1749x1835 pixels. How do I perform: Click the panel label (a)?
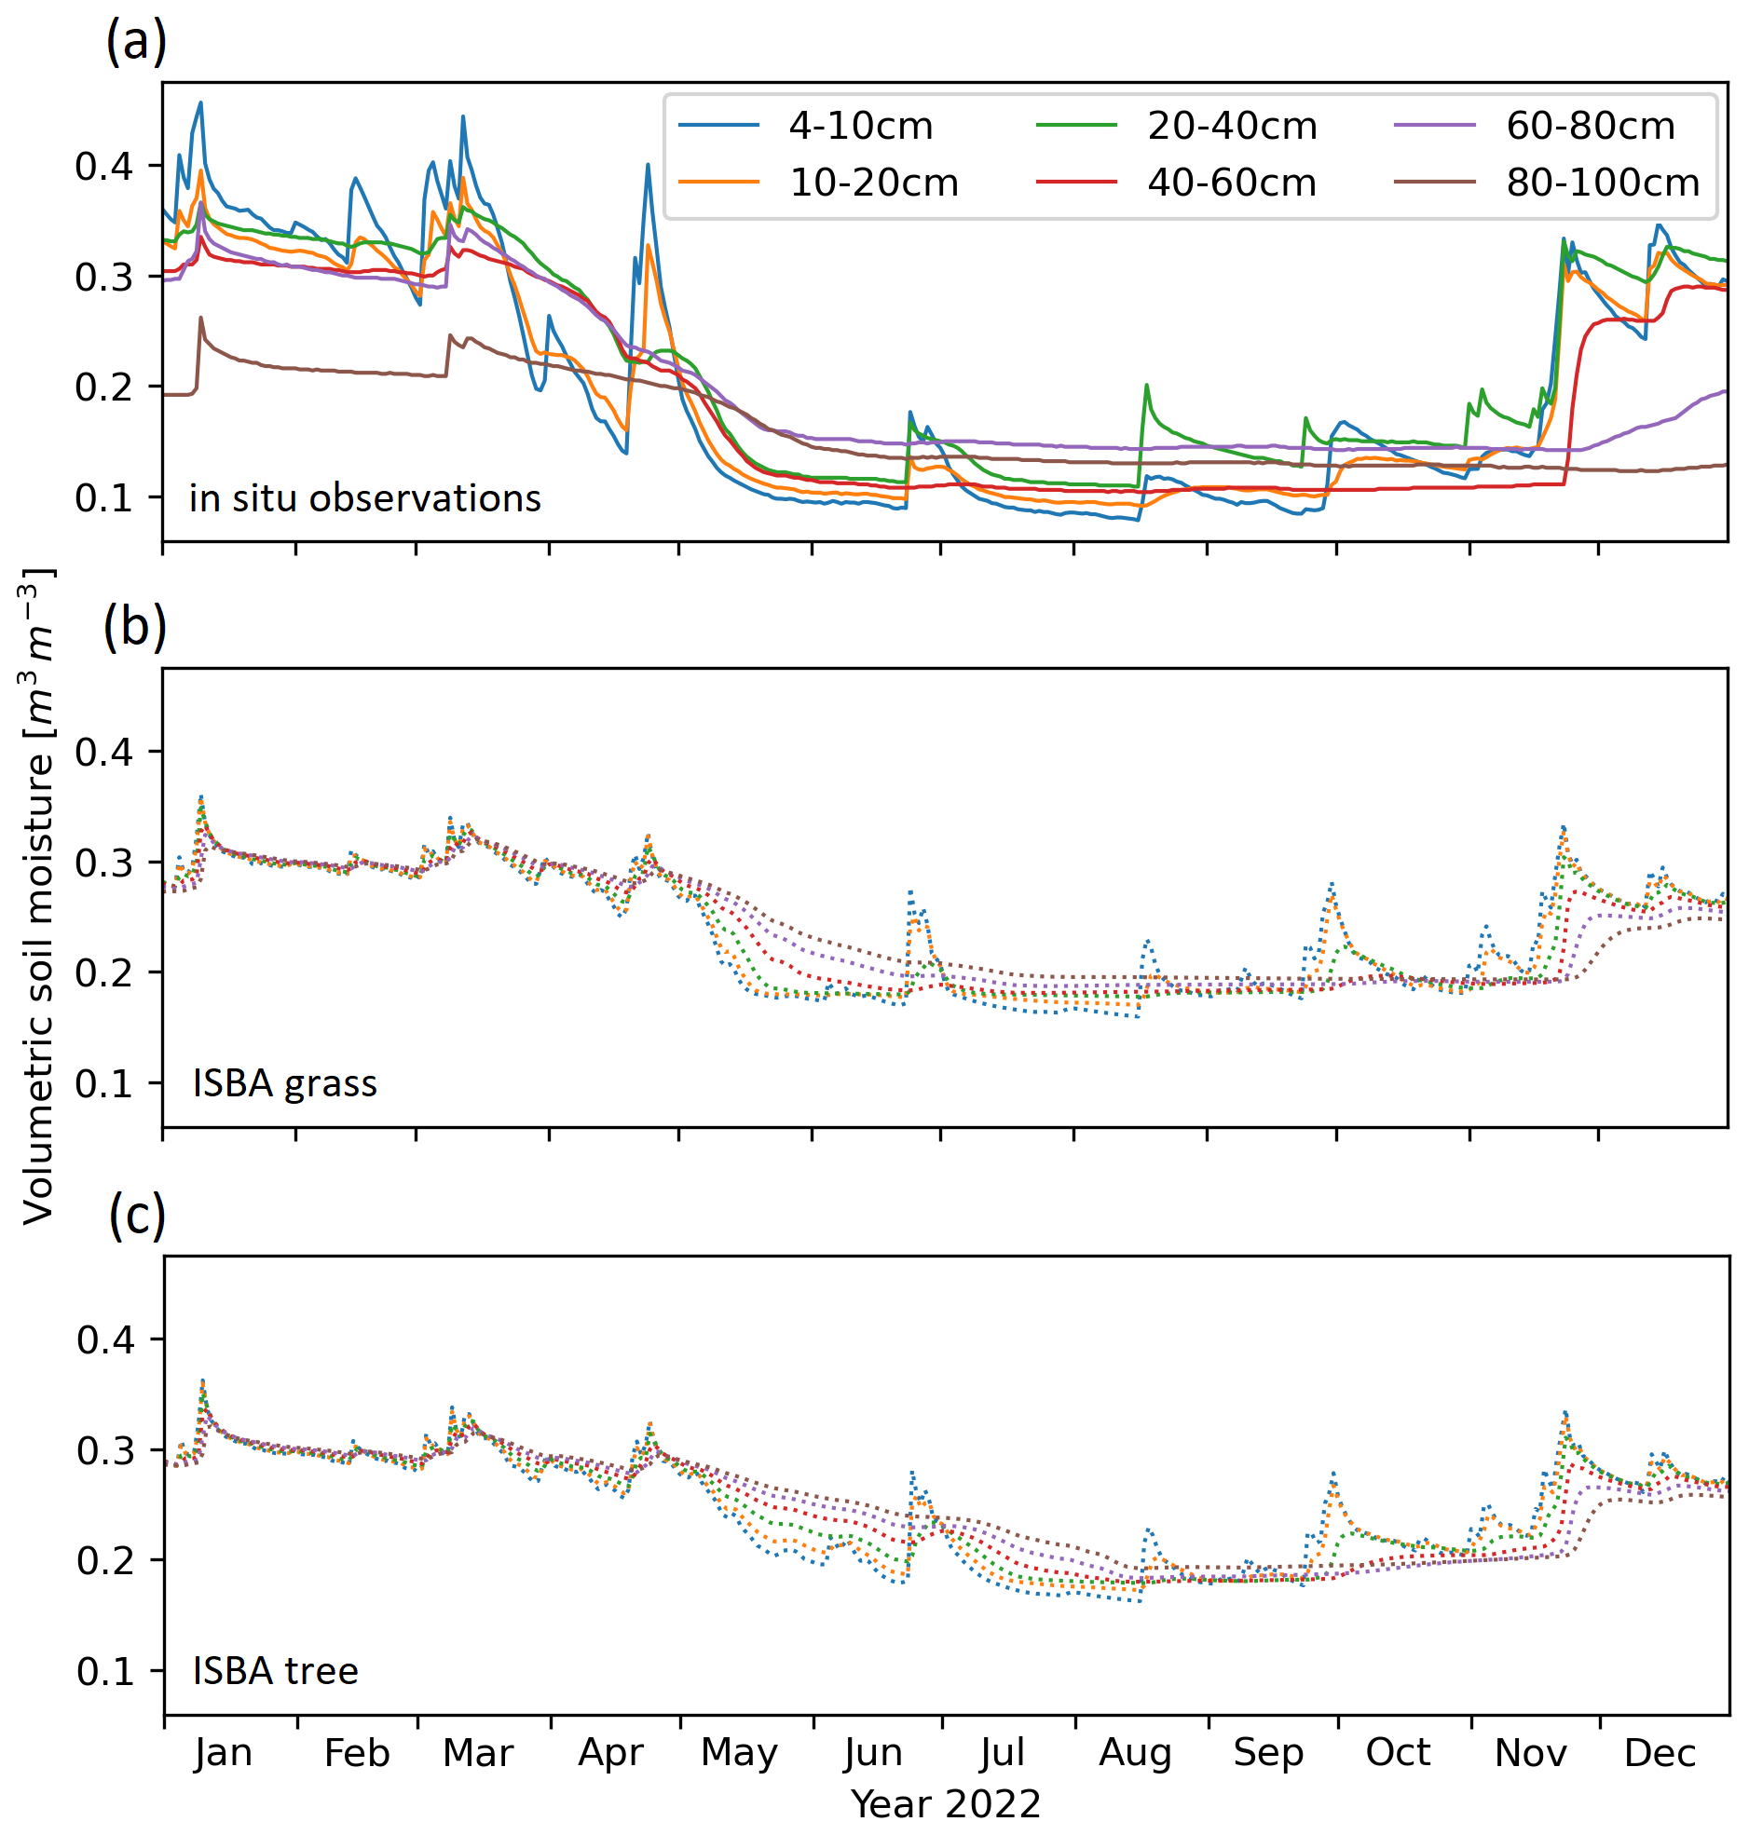coord(136,42)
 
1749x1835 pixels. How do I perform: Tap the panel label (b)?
coord(135,627)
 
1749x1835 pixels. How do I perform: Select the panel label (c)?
coord(137,1216)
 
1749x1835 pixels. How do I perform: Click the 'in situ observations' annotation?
coord(364,498)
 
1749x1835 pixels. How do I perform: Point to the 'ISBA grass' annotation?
coord(284,1084)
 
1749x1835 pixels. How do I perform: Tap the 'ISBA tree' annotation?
coord(275,1672)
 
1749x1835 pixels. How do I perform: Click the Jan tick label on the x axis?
coord(224,1753)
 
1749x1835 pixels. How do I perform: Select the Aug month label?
coord(1135,1753)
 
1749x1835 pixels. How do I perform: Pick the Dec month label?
coord(1660,1753)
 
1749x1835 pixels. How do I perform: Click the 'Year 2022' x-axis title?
coord(946,1804)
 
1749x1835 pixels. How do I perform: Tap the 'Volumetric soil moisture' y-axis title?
coord(37,894)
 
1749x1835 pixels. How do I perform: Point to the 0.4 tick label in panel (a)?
coord(104,167)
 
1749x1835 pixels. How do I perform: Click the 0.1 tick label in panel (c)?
coord(106,1672)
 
